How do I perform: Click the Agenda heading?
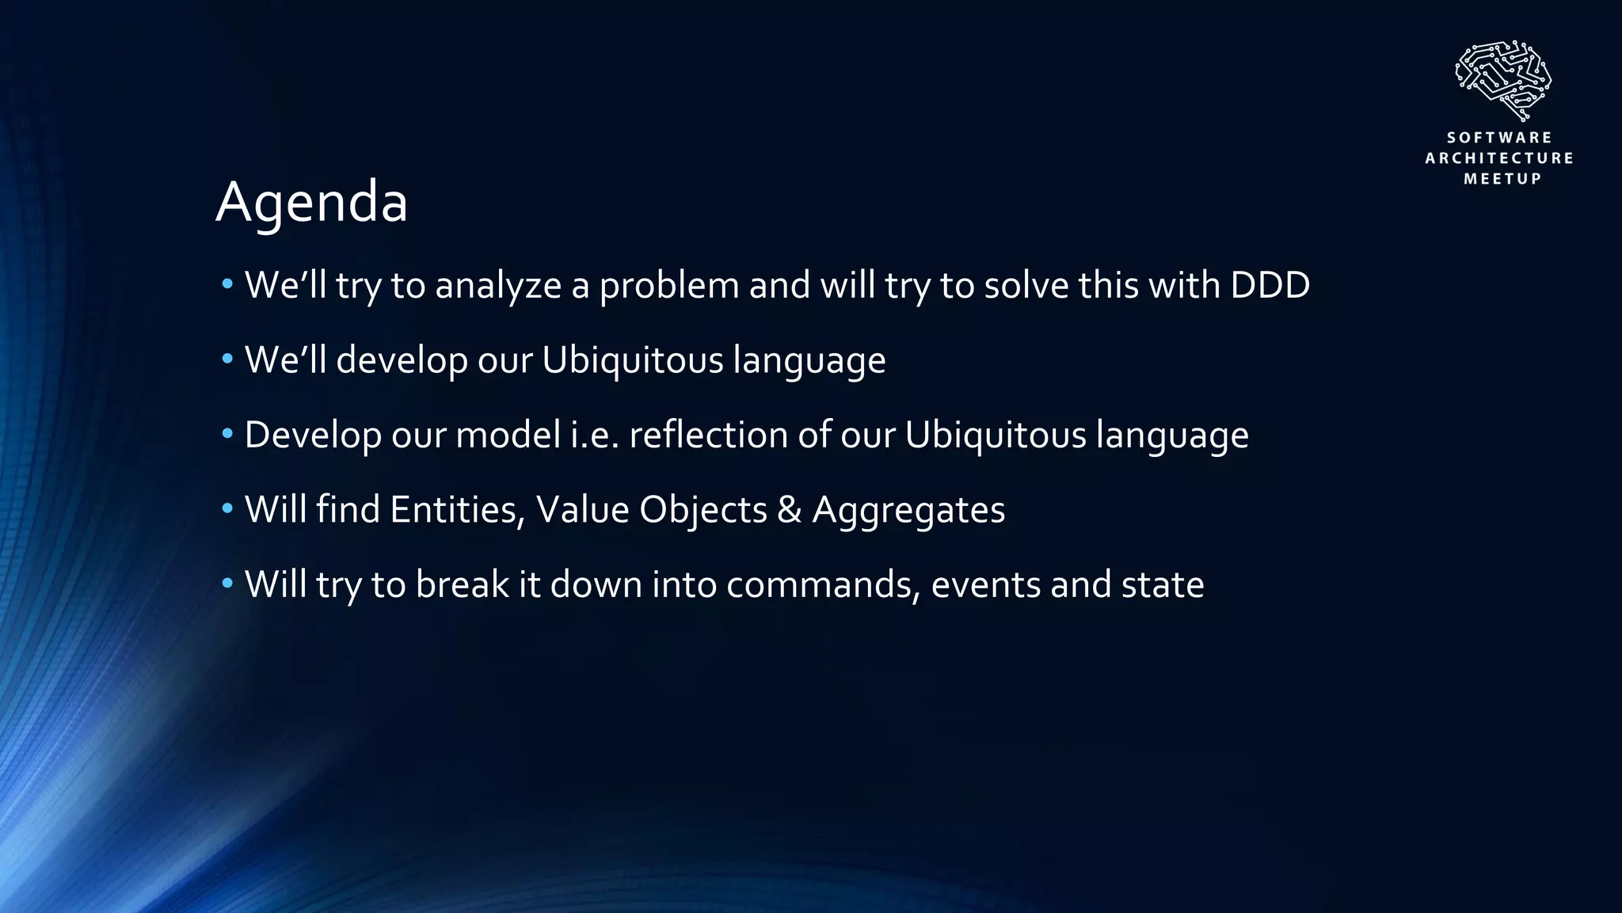coord(311,203)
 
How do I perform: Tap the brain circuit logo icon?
coord(1502,80)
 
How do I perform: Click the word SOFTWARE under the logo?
coord(1500,138)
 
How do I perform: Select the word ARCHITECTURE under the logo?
coord(1500,158)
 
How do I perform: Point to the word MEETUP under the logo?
coord(1502,179)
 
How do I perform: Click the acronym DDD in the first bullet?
coord(1270,285)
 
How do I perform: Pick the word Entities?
coord(457,510)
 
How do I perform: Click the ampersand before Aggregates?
coord(789,510)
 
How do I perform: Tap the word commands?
coord(823,585)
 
